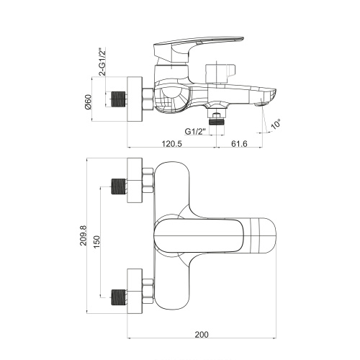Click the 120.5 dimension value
(x=172, y=144)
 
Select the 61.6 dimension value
(x=239, y=144)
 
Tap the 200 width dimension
(x=202, y=335)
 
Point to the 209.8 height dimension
(x=84, y=235)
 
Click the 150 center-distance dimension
(x=96, y=242)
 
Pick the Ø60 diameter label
(x=89, y=102)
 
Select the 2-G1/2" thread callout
(x=103, y=62)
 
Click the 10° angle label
(x=276, y=124)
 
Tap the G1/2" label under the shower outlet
(x=195, y=132)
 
